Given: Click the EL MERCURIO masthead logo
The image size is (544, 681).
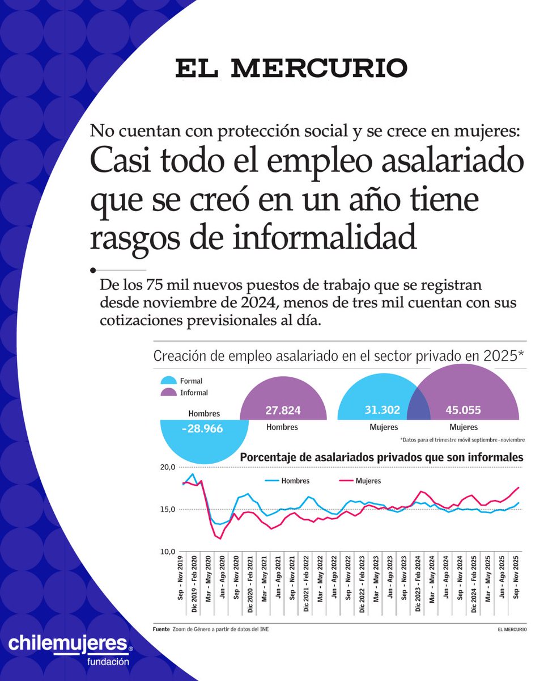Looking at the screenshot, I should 291,68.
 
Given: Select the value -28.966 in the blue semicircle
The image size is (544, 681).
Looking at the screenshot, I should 202,428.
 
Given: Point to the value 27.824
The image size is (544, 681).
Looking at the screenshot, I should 282,410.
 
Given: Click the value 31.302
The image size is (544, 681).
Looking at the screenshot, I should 382,410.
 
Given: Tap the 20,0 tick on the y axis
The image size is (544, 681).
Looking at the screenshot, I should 168,467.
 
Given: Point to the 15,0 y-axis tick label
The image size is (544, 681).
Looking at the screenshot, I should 168,509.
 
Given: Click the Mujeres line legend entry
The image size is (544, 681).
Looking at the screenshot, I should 368,481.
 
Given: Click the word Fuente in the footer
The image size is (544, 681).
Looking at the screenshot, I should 161,629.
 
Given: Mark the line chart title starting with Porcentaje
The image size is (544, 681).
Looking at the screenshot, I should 382,457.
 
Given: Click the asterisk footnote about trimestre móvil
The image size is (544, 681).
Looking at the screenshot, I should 462,440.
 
